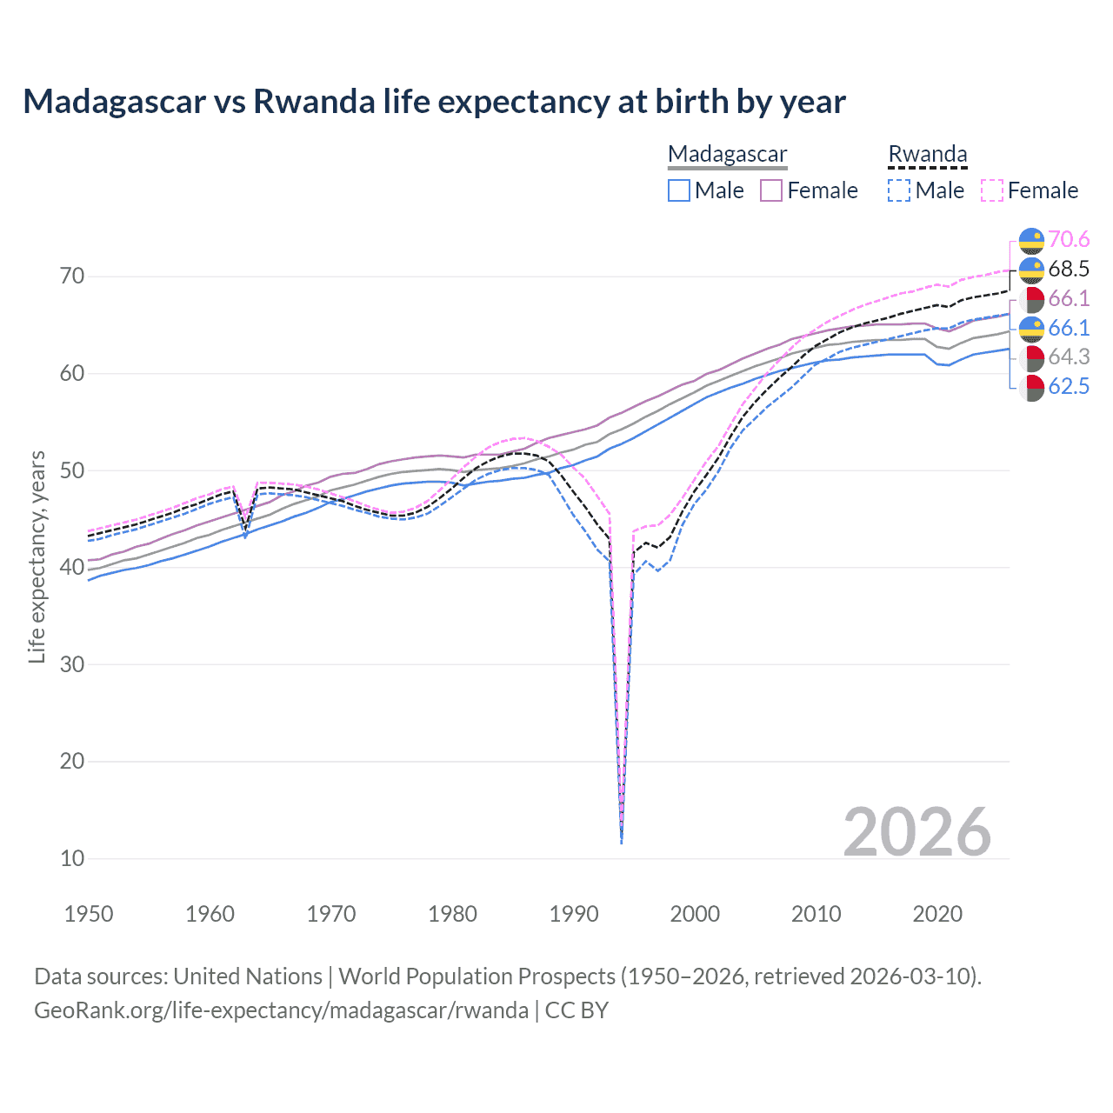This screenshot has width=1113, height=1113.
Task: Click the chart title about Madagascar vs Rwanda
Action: coord(434,102)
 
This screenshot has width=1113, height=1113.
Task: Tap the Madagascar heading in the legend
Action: coord(727,154)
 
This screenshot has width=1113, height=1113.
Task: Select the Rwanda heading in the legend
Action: coord(927,154)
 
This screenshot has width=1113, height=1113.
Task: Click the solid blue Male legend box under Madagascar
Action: coord(679,190)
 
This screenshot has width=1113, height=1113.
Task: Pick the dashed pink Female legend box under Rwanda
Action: coord(992,190)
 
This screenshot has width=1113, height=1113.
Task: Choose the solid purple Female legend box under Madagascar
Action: coord(771,190)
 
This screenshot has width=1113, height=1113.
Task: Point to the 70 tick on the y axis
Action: coord(72,277)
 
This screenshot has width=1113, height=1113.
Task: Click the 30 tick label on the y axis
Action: coord(72,664)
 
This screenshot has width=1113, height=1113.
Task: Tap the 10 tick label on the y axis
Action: coord(72,858)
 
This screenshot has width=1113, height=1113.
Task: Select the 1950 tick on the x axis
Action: coord(89,914)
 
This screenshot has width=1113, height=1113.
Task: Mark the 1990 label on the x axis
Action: coord(574,914)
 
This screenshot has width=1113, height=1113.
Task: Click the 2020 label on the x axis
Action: coord(937,914)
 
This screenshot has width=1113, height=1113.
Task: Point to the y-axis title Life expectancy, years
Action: coord(37,556)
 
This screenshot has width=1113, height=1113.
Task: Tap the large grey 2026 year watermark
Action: coord(916,832)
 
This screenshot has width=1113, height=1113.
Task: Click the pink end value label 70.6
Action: coord(1069,239)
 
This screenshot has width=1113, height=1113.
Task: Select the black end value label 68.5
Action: coord(1069,269)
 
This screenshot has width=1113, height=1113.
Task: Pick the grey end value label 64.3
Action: coord(1069,357)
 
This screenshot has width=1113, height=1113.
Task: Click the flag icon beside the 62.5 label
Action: coord(1031,387)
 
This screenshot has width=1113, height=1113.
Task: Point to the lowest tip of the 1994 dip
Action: coord(621,843)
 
